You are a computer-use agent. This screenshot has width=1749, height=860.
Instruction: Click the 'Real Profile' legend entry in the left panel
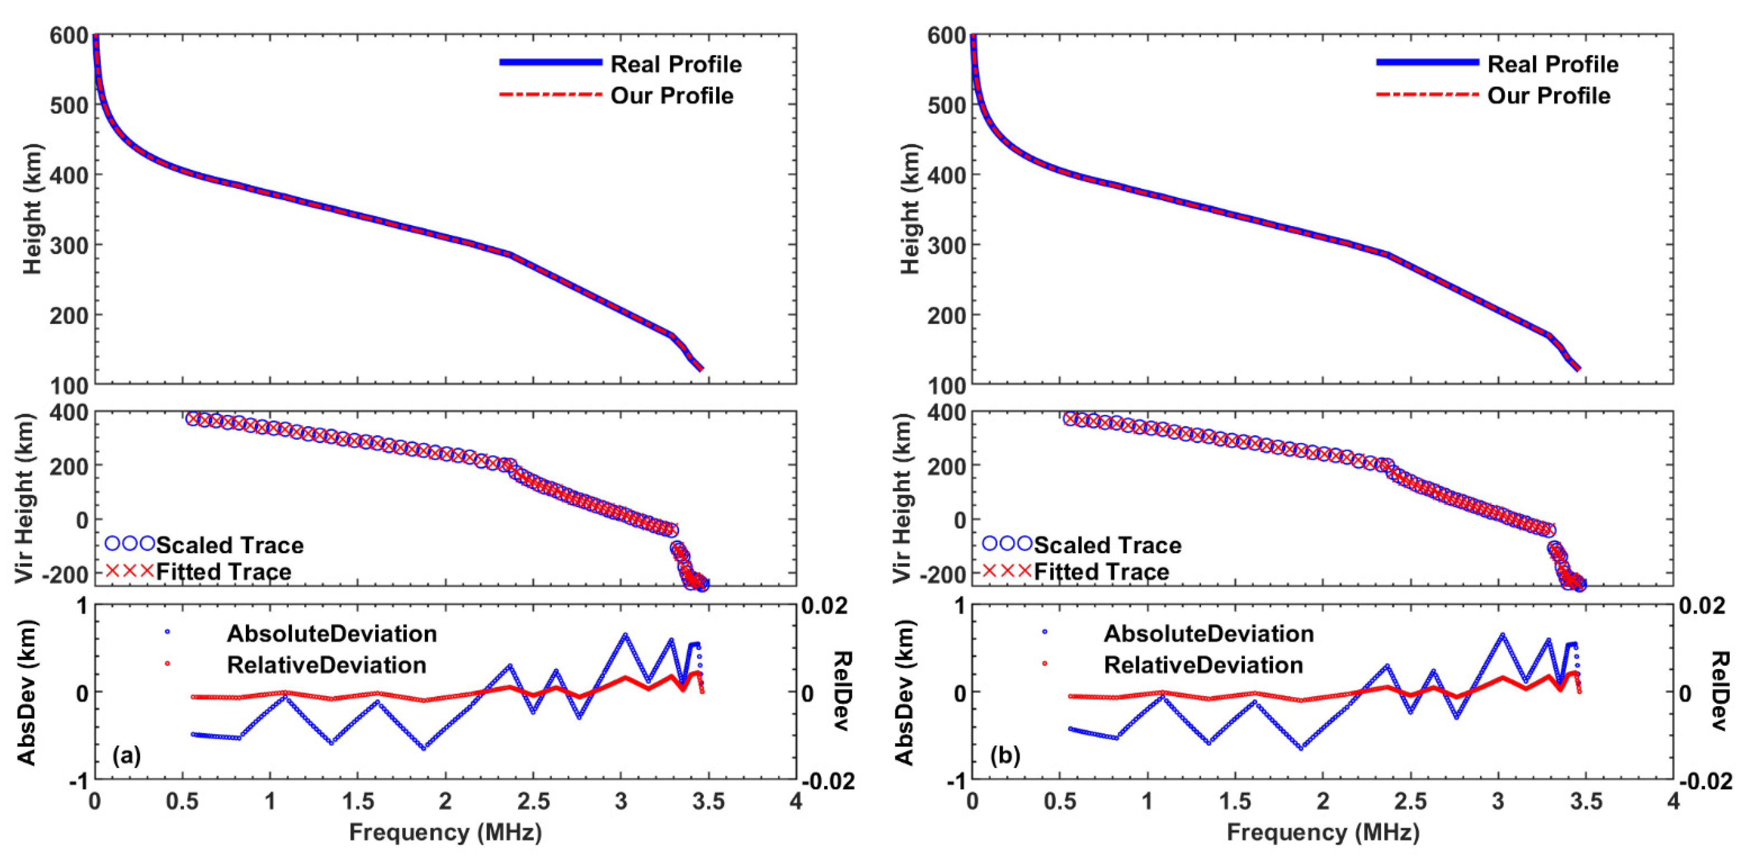[x=676, y=64]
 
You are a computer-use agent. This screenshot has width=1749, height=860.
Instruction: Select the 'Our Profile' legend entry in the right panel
[x=1548, y=96]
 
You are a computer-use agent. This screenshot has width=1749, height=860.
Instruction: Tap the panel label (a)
[x=127, y=755]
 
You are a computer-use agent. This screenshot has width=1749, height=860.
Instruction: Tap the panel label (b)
[x=1005, y=755]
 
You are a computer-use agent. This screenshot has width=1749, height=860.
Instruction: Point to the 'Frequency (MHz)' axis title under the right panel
[x=1322, y=832]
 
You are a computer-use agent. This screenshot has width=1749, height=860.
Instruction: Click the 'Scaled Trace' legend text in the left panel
[x=229, y=545]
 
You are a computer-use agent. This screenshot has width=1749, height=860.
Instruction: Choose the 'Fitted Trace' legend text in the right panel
[x=1101, y=572]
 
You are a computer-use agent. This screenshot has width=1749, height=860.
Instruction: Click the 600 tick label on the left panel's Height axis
[x=68, y=35]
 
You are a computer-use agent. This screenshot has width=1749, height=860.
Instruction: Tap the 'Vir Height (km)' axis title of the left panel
[x=24, y=497]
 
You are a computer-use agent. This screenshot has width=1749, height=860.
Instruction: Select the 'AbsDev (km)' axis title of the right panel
[x=903, y=693]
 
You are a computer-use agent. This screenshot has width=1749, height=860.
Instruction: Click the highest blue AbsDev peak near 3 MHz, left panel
[x=625, y=635]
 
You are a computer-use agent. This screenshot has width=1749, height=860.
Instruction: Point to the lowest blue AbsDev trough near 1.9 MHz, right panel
[x=1301, y=748]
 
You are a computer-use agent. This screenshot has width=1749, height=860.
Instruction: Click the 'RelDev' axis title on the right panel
[x=1719, y=691]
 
